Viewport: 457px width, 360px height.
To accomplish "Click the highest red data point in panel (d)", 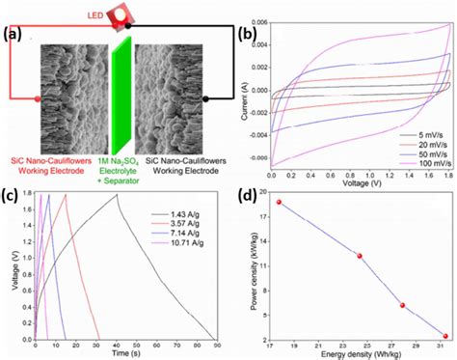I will point(279,203).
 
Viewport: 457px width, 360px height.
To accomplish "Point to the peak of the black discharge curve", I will point(117,196).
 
